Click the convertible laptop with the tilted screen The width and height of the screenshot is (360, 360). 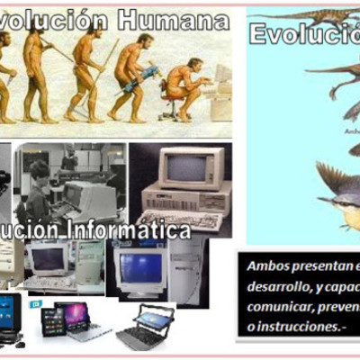147,325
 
